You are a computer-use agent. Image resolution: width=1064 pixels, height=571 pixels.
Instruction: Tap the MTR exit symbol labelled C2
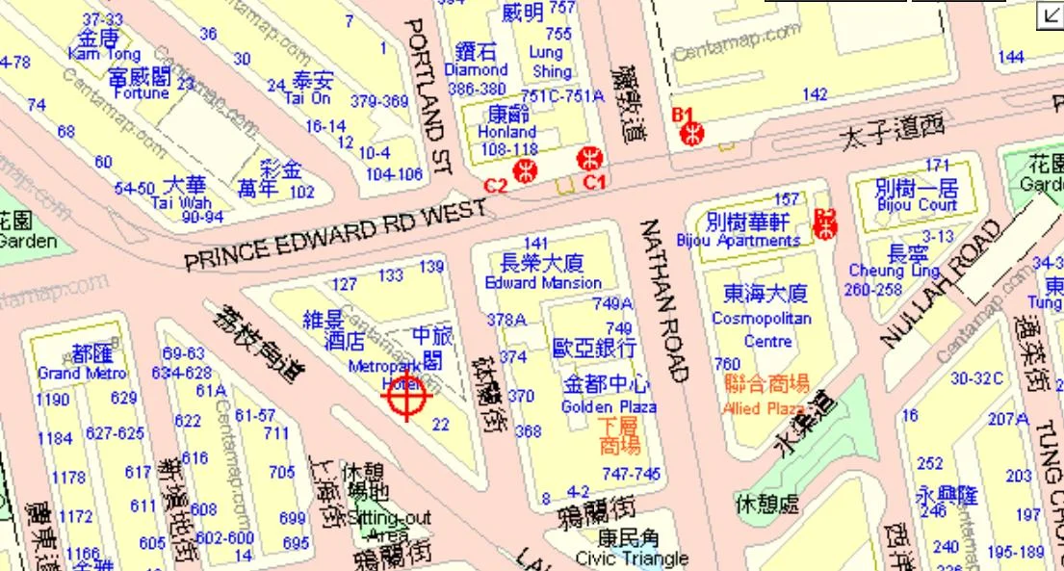(526, 171)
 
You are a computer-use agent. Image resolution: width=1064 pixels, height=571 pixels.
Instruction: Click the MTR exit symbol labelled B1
(692, 134)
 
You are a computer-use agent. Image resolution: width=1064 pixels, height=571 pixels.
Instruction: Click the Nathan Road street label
(663, 299)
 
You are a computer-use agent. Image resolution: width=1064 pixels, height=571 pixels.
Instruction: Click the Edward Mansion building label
(543, 283)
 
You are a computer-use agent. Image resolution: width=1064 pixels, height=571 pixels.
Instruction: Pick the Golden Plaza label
(609, 407)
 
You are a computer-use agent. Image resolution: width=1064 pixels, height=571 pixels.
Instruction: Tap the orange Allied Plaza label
(766, 408)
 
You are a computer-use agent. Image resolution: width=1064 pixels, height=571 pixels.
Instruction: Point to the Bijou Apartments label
(739, 240)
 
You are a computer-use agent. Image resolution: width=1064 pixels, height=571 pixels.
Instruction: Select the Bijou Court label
(917, 205)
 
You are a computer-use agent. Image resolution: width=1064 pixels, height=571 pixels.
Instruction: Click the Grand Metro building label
(82, 373)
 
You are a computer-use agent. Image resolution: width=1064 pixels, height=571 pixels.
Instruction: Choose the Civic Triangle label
(632, 558)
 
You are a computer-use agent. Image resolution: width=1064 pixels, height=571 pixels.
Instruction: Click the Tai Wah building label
(182, 203)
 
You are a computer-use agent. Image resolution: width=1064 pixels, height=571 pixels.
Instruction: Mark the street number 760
(727, 364)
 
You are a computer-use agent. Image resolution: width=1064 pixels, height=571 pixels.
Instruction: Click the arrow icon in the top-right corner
(1050, 13)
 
